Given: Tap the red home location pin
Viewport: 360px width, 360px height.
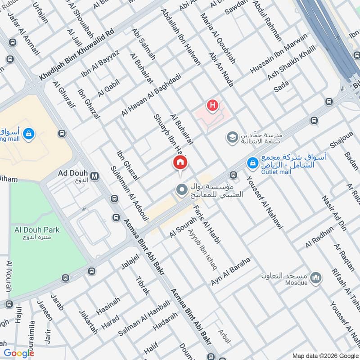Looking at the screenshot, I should coord(180,163).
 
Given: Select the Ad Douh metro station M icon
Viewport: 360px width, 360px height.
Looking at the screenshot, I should coord(94,175).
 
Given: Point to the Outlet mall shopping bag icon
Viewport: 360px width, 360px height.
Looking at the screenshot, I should coord(253,161).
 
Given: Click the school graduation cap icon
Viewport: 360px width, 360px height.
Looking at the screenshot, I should coord(232,136).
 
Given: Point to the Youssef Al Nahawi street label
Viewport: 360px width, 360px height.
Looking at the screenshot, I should coord(264,202).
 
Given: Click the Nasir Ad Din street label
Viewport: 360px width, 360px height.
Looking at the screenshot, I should coord(332,212).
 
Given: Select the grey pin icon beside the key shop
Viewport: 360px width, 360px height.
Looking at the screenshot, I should coord(182,191).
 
